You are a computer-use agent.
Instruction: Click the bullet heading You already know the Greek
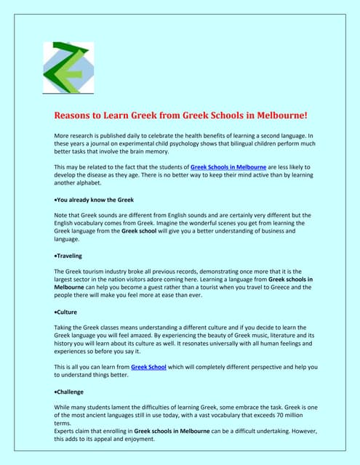coord(94,199)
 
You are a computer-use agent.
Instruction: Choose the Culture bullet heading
coord(68,312)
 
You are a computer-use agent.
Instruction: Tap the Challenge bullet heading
coord(72,392)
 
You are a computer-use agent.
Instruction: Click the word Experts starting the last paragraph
coord(68,431)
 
